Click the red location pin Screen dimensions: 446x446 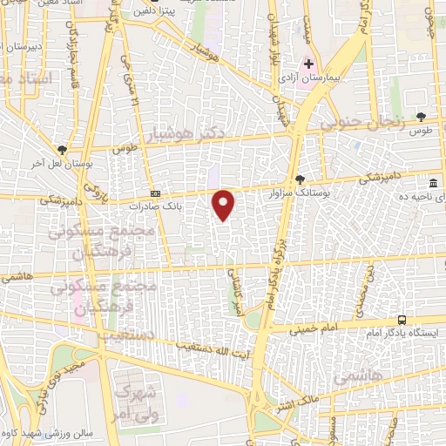coord(225,204)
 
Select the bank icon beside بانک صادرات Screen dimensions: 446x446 coord(155,193)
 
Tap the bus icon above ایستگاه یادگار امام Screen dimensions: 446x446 coord(401,321)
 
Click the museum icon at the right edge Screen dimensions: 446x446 coord(433,183)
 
